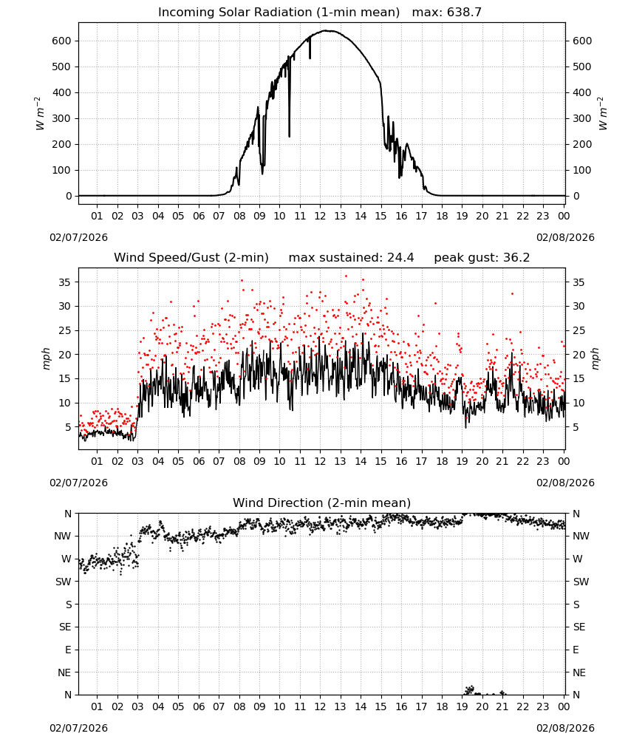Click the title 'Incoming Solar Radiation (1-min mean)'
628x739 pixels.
(x=279, y=13)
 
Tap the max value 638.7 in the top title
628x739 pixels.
(x=464, y=13)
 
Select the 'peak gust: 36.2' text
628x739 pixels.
(x=482, y=258)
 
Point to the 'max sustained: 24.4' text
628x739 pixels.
(x=351, y=258)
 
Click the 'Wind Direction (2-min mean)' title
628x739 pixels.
(x=322, y=503)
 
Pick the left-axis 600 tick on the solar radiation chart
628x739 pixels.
(x=61, y=41)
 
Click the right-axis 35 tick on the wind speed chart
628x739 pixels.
(x=578, y=282)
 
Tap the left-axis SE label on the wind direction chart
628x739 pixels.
(x=65, y=627)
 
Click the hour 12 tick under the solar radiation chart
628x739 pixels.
(x=320, y=216)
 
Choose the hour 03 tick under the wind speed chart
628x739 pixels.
(x=137, y=461)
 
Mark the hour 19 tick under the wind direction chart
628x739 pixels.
(x=463, y=706)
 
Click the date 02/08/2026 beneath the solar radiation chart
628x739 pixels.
(x=565, y=237)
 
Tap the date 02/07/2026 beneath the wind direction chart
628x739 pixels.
(x=78, y=728)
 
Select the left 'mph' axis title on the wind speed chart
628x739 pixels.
(x=46, y=358)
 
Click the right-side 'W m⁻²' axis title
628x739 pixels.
(x=603, y=114)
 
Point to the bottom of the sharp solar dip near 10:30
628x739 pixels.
(x=290, y=136)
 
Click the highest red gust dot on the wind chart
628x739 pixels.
(x=346, y=276)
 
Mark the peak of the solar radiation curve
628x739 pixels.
(x=328, y=30)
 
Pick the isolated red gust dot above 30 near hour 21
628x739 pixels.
(x=512, y=293)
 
